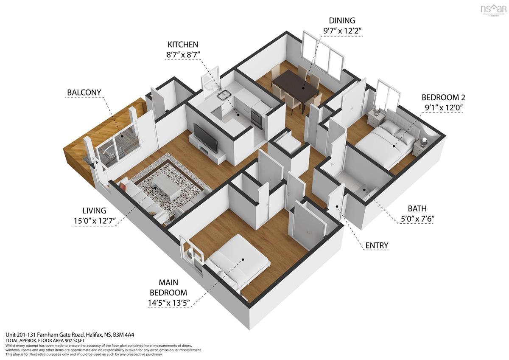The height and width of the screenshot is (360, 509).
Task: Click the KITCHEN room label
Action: (x=183, y=44)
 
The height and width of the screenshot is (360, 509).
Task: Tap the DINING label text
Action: (x=342, y=20)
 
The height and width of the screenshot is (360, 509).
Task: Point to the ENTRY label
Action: (x=377, y=245)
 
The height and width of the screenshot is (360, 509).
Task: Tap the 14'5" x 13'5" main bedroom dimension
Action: (x=168, y=303)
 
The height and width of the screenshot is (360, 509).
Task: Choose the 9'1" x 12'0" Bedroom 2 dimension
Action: (x=442, y=108)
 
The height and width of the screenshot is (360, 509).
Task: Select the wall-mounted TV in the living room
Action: (x=206, y=138)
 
